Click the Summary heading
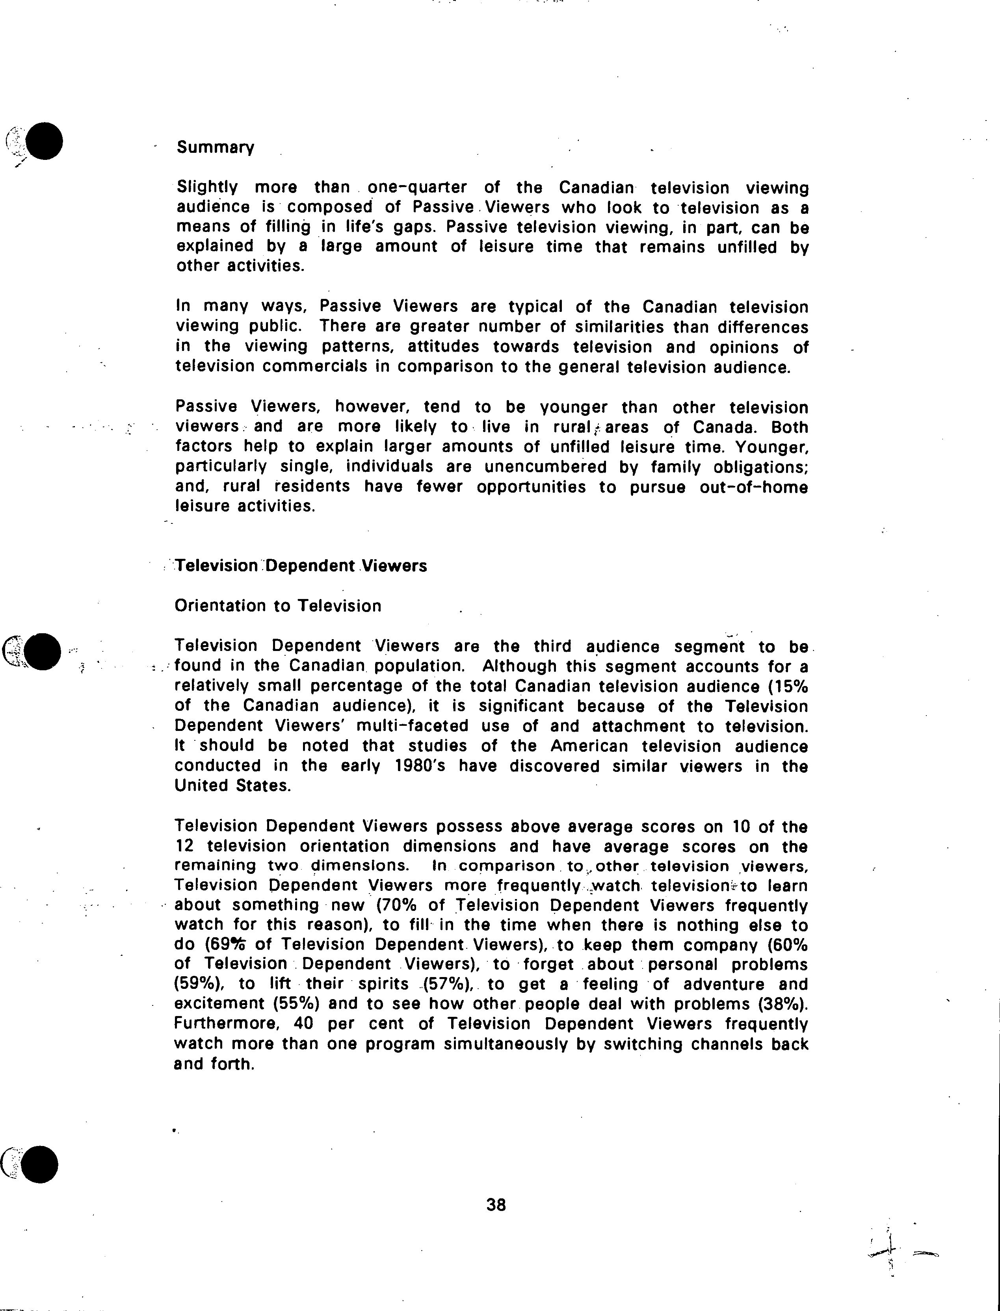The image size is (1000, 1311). [x=215, y=148]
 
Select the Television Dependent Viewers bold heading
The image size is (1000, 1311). [x=301, y=566]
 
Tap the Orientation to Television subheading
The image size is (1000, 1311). [x=278, y=606]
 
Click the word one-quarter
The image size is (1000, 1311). [x=417, y=187]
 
